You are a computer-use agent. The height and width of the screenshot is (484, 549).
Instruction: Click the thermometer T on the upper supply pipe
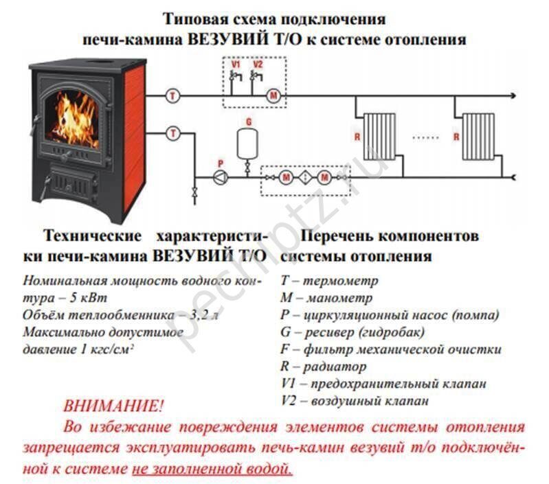point(172,95)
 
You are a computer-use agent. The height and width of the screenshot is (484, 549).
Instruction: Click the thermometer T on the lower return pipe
point(172,133)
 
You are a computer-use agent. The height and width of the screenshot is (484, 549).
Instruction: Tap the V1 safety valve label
point(236,65)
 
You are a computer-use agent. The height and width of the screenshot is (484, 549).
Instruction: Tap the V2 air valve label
point(258,65)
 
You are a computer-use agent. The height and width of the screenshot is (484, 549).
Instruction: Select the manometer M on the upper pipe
point(273,95)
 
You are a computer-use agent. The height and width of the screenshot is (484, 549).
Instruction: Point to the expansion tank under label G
point(247,143)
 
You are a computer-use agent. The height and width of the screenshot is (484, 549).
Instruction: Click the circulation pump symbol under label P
point(221,178)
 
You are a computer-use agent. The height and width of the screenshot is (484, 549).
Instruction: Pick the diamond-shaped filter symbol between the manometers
point(305,178)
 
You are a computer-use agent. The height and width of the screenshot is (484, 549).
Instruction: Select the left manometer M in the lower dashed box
point(286,178)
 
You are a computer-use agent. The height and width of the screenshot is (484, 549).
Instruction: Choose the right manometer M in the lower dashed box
point(324,178)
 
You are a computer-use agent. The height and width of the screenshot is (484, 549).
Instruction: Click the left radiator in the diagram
point(379,137)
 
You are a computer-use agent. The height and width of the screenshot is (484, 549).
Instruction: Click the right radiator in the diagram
point(478,137)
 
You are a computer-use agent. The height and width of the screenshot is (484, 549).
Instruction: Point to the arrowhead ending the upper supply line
point(513,95)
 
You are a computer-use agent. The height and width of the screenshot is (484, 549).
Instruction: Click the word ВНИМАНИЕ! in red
point(113,406)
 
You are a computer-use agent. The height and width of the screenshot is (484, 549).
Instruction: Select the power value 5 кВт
point(89,298)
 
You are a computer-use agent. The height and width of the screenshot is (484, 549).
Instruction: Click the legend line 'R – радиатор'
point(324,366)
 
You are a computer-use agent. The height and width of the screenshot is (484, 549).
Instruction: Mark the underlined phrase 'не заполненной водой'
point(212,469)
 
